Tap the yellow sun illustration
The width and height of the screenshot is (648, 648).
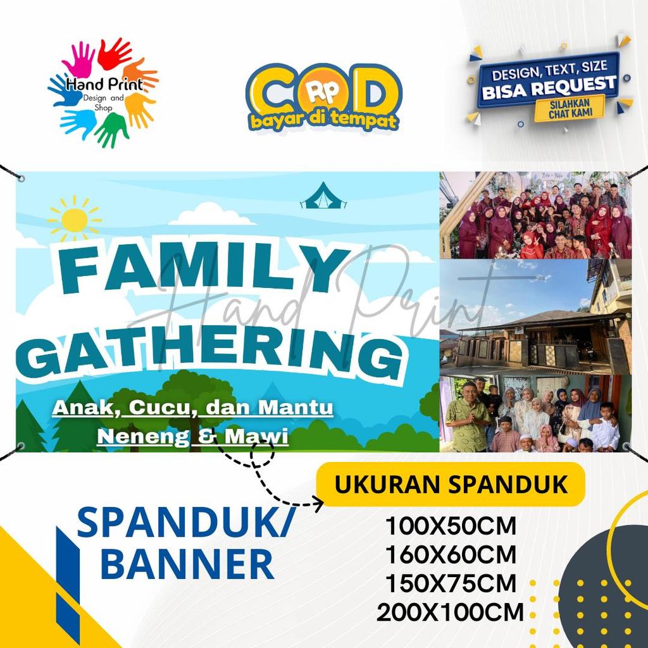(x=75, y=220)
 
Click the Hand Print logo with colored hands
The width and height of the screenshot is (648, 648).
(x=103, y=93)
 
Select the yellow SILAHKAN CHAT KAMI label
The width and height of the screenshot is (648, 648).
(x=568, y=108)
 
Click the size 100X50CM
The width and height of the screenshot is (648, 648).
(x=451, y=526)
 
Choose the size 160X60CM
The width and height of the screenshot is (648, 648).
(x=451, y=555)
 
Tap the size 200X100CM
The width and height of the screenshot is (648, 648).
(x=451, y=613)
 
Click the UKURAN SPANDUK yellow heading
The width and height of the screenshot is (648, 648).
(x=451, y=485)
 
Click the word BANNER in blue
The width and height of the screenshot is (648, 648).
(x=187, y=563)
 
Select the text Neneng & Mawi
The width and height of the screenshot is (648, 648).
(x=192, y=436)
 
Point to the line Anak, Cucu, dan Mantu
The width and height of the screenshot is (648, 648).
(x=192, y=408)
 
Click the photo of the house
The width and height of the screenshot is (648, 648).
(x=535, y=316)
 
